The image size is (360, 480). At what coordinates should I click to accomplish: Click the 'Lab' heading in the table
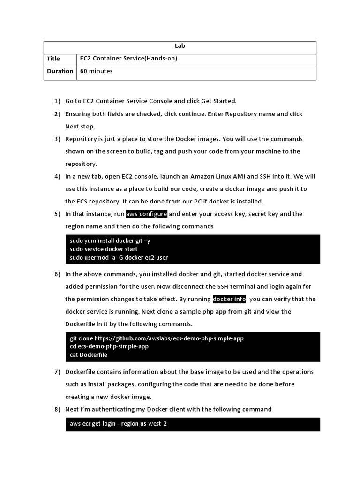[180, 46]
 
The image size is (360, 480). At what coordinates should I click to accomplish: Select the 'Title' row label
[53, 59]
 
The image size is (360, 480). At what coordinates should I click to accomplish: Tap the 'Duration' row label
[60, 71]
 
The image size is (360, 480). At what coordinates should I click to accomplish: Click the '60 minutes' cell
[97, 71]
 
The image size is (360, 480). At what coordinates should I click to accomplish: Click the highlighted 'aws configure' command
[146, 214]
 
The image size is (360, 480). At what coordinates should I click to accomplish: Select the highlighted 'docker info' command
[229, 299]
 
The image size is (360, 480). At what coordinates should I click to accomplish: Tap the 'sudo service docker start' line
[104, 249]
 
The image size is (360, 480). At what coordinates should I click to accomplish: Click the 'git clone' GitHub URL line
[157, 338]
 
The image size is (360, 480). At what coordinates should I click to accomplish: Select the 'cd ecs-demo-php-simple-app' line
[109, 346]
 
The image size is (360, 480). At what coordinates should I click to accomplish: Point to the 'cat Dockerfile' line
[89, 355]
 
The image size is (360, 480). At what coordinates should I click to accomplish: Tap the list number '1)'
[57, 101]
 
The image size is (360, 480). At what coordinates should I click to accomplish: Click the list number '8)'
[57, 409]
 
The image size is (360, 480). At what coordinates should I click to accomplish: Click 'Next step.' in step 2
[80, 126]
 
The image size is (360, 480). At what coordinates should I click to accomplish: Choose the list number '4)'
[57, 176]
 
